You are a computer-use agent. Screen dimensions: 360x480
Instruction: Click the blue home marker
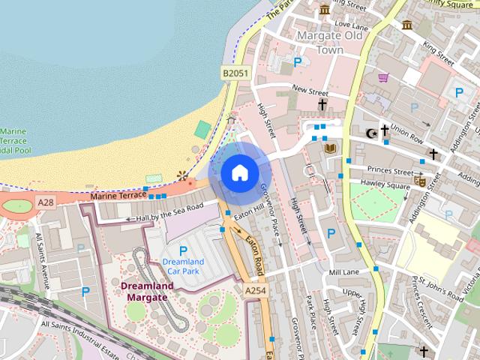(x=238, y=173)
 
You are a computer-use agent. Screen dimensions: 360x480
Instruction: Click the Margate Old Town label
(x=329, y=42)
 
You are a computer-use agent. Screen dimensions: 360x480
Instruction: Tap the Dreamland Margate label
(x=147, y=291)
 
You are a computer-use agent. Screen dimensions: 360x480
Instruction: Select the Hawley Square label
(x=384, y=185)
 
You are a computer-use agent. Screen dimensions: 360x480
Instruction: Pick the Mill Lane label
(x=344, y=271)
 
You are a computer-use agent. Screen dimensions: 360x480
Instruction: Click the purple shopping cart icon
(x=383, y=77)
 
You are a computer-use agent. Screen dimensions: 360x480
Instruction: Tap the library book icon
(x=328, y=150)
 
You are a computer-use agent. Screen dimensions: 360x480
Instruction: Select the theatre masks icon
(x=421, y=181)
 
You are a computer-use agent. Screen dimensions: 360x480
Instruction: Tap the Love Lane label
(x=348, y=25)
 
